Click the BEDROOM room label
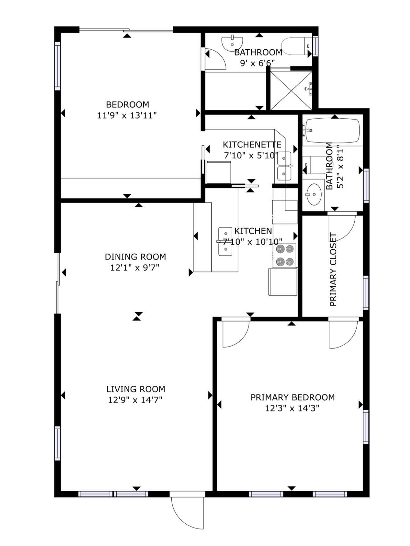coord(127,104)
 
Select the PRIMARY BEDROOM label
coord(292,397)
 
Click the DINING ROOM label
coord(135,257)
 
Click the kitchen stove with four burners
coord(285,255)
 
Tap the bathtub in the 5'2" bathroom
coord(332,131)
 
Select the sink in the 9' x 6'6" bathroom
coord(232,44)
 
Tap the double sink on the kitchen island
coord(225,242)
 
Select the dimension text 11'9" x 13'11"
coord(127,115)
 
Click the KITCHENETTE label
coord(252,145)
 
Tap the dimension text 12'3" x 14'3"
coord(292,408)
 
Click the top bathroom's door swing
coord(215,59)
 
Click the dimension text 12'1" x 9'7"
coord(135,267)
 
